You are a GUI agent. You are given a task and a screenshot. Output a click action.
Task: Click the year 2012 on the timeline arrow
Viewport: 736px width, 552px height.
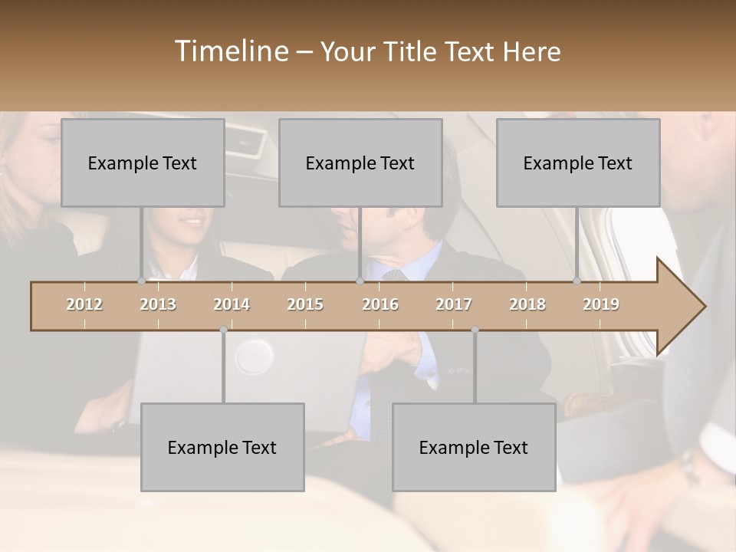point(84,304)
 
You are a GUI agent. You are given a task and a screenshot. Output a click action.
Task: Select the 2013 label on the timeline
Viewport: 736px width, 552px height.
point(158,304)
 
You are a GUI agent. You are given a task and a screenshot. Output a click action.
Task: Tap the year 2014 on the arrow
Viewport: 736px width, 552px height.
point(232,304)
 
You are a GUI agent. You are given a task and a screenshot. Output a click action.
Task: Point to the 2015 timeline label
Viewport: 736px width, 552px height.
point(305,304)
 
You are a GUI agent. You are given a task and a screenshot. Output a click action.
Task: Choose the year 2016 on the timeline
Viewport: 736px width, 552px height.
point(380,304)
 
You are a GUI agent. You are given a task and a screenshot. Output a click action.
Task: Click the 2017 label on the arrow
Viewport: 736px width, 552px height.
point(454,304)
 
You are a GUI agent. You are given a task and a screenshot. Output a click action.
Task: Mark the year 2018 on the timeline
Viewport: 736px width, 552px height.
point(527,304)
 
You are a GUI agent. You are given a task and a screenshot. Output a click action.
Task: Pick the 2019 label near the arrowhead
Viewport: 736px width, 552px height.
point(601,304)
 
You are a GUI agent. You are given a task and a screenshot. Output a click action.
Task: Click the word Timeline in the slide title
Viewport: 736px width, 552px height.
point(230,51)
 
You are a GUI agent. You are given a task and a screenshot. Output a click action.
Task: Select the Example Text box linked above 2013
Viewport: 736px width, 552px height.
point(143,163)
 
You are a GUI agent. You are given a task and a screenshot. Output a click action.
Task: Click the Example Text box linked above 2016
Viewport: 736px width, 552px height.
point(360,163)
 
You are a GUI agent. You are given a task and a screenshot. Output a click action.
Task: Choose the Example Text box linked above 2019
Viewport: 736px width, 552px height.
point(578,163)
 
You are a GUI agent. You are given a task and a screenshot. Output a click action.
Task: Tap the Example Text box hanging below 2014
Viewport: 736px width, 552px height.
point(222,447)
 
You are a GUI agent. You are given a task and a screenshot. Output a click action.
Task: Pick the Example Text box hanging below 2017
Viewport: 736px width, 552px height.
point(474,447)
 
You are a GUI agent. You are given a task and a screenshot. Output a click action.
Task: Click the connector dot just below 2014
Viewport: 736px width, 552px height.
point(223,330)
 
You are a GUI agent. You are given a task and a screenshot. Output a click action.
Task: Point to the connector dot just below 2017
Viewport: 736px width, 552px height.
point(475,330)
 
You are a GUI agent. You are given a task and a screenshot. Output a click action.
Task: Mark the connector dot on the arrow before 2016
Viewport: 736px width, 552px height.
point(360,281)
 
